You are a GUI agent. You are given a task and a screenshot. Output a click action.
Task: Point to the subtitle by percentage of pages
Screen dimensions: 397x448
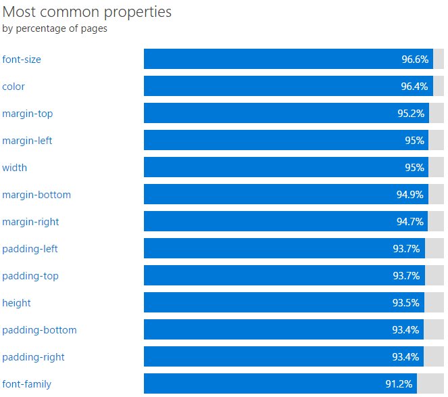55,28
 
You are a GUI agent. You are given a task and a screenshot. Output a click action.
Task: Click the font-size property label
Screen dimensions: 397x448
22,60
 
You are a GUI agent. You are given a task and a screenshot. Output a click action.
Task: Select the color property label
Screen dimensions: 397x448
14,87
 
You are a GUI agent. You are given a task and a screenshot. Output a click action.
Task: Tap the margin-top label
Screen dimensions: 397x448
28,114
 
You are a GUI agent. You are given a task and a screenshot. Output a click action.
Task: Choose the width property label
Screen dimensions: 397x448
15,168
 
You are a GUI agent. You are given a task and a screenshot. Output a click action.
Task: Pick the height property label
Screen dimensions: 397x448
17,303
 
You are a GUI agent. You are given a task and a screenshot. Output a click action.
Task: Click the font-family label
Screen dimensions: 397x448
27,384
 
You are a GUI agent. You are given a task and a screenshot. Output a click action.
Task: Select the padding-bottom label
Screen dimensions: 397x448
39,330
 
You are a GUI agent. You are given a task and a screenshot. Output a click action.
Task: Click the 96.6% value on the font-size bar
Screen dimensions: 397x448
415,60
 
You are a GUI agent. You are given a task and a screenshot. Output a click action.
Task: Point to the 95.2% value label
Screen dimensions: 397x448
411,114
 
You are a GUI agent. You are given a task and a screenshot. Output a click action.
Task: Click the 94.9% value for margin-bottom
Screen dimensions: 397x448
409,195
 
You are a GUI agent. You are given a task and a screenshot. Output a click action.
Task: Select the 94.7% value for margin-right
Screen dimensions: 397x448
409,222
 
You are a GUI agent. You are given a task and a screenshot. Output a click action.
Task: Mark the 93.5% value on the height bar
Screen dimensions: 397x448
407,303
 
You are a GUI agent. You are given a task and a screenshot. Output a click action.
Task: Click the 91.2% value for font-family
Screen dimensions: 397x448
399,384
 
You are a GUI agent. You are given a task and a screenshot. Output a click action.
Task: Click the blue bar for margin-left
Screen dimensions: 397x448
270,141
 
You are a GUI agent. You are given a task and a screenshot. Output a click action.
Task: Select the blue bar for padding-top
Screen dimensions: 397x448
270,276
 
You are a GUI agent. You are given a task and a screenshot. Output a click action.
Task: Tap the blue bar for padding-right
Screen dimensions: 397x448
270,357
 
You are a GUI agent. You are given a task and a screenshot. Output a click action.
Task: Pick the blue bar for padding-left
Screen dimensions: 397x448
270,249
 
